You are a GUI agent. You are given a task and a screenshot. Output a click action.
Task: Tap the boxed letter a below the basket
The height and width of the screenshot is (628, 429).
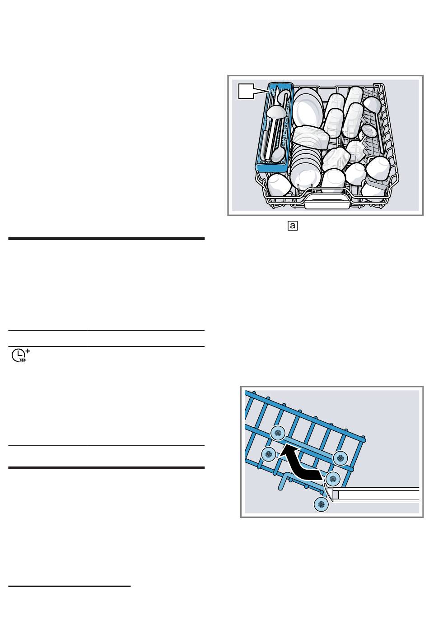tap(292, 226)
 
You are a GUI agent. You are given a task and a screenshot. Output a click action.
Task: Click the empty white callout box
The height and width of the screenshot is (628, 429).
tap(246, 91)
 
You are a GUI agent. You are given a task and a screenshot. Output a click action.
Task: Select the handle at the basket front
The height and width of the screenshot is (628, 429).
tap(327, 201)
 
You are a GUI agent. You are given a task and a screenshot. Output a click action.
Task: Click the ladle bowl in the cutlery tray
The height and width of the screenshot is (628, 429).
tap(276, 112)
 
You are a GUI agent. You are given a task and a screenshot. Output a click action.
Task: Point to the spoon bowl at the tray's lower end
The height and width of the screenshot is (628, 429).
tap(278, 154)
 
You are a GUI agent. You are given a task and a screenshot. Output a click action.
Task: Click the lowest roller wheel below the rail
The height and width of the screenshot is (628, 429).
tap(321, 504)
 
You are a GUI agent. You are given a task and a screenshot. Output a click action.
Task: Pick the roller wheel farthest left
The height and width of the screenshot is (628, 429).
tap(269, 453)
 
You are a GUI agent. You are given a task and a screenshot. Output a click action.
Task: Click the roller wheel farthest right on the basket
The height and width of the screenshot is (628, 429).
tap(340, 458)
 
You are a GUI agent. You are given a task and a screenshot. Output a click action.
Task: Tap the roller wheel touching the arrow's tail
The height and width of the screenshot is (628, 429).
tap(333, 479)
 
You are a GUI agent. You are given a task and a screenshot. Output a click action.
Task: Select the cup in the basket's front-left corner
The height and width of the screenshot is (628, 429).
tap(279, 185)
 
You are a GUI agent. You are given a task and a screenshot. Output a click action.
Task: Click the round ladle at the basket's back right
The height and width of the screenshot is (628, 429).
tap(372, 105)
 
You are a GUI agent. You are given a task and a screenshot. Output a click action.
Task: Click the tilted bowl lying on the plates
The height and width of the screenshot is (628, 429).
tap(311, 137)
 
